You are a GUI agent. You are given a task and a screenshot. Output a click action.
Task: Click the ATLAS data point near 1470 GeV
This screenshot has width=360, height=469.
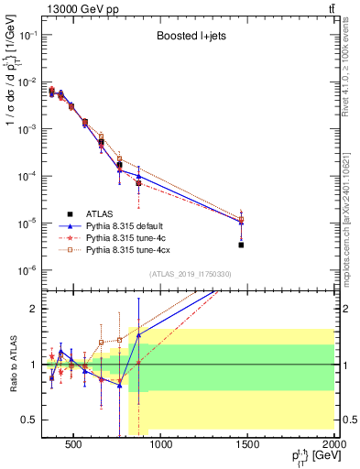pyautogui.click(x=241, y=245)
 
